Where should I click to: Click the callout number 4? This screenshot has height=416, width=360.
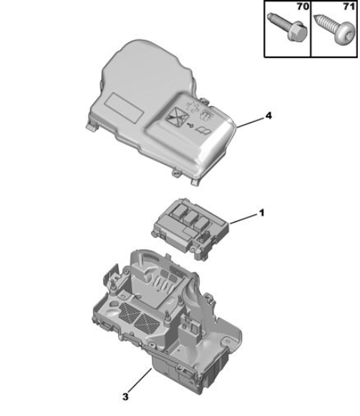(268, 116)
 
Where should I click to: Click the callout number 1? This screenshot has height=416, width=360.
(262, 213)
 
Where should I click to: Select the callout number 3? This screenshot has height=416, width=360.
(126, 397)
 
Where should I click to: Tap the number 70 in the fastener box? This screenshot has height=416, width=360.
(303, 6)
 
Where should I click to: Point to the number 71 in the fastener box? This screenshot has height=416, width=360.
(349, 6)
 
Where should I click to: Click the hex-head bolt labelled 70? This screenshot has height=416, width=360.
(287, 27)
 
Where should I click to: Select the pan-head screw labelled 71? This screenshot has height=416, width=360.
(334, 30)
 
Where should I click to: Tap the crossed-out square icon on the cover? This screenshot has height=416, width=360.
(176, 117)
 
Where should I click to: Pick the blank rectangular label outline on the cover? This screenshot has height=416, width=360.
(125, 108)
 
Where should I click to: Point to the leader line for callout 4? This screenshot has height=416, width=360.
(250, 123)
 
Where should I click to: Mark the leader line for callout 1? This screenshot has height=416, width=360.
(244, 219)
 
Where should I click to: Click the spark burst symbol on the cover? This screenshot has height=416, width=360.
(194, 105)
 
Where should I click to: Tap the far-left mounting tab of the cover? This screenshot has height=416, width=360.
(91, 126)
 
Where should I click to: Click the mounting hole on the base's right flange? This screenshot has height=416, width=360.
(228, 340)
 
